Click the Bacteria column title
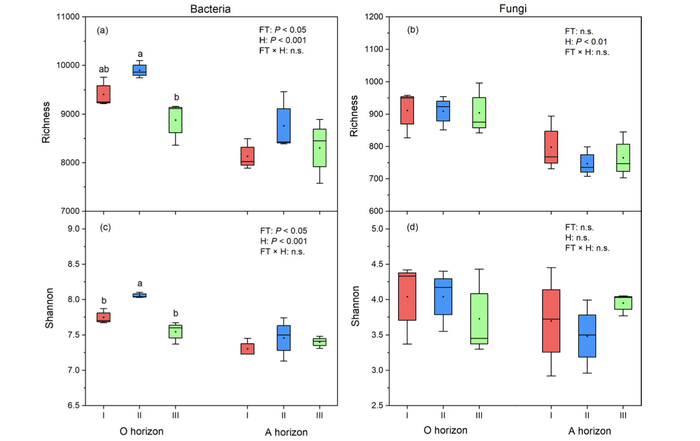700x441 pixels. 210,9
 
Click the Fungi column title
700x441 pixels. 513,8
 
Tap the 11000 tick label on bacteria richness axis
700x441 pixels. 68,17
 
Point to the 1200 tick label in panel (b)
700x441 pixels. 374,17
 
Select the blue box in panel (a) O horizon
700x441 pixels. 139,70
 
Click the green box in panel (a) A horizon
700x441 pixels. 320,148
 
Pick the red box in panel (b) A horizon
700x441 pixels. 551,147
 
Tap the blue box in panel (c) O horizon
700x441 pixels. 139,295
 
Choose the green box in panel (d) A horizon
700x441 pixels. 623,303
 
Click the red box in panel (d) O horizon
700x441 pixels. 407,296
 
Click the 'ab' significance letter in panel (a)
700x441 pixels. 104,69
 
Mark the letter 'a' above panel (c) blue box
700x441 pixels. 140,284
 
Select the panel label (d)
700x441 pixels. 413,227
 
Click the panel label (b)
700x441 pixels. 413,30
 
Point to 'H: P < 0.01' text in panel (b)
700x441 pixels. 586,42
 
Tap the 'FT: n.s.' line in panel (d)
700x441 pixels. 579,228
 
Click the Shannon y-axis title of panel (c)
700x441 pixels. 49,308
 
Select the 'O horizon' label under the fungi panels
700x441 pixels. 445,430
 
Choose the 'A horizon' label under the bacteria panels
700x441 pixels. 286,432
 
